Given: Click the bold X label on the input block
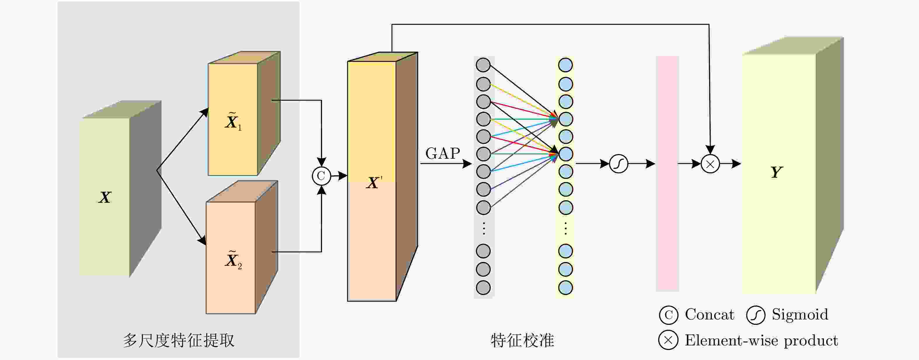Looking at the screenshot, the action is (x=105, y=197).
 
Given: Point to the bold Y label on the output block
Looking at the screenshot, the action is (x=777, y=172).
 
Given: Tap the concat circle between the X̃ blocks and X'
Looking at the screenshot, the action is (x=321, y=176).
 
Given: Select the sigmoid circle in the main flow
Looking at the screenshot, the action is (x=618, y=164).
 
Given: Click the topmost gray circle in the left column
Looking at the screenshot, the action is (x=483, y=65).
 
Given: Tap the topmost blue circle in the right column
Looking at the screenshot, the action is (x=565, y=65).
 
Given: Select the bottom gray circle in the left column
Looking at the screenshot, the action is (x=483, y=288).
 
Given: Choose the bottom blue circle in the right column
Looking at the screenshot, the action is (x=565, y=288).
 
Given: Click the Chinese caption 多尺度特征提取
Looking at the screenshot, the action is (x=179, y=340).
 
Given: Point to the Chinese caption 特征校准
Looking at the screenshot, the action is (x=522, y=340).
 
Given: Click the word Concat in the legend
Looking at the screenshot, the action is (x=709, y=314).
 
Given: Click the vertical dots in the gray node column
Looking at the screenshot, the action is (x=484, y=228).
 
